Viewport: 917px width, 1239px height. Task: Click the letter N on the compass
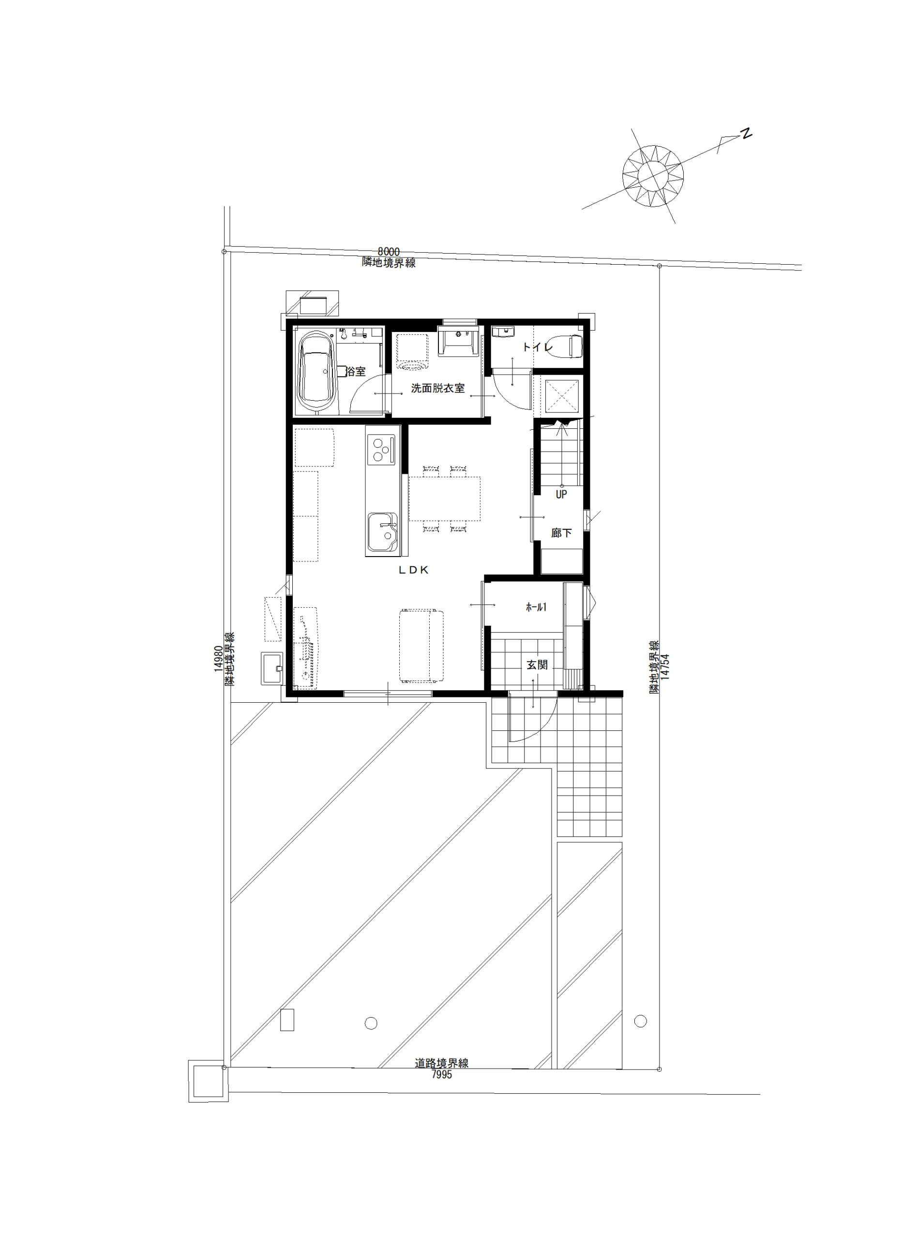[x=747, y=133]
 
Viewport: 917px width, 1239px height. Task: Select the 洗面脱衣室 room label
[x=438, y=389]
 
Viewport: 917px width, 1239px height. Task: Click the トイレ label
[x=537, y=347]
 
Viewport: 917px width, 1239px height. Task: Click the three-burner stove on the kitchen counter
[x=381, y=450]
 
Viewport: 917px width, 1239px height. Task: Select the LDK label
[x=414, y=570]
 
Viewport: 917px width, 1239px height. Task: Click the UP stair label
[x=561, y=494]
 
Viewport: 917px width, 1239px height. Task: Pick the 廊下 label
[x=561, y=533]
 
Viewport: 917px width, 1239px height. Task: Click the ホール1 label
[x=536, y=607]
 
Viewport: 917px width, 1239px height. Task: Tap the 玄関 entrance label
[x=537, y=665]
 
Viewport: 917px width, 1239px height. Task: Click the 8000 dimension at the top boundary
[x=389, y=252]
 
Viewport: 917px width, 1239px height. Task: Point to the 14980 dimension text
[x=218, y=658]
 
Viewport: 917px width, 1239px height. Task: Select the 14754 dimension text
[x=665, y=666]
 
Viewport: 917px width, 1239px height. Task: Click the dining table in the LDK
[x=445, y=499]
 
